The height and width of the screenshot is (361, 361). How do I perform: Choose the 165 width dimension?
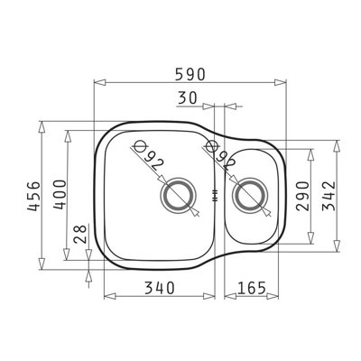point(254,290)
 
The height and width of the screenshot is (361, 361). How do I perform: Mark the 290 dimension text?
point(302,194)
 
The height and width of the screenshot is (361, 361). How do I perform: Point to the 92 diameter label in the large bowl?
point(155,163)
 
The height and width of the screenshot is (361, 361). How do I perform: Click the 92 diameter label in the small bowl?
point(225,162)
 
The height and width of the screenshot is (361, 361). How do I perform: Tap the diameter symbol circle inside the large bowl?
point(139,146)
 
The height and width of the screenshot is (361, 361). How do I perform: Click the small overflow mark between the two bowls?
point(214,193)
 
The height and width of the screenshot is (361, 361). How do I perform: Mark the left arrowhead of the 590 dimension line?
point(99,83)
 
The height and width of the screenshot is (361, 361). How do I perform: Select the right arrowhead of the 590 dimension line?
point(282,83)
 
